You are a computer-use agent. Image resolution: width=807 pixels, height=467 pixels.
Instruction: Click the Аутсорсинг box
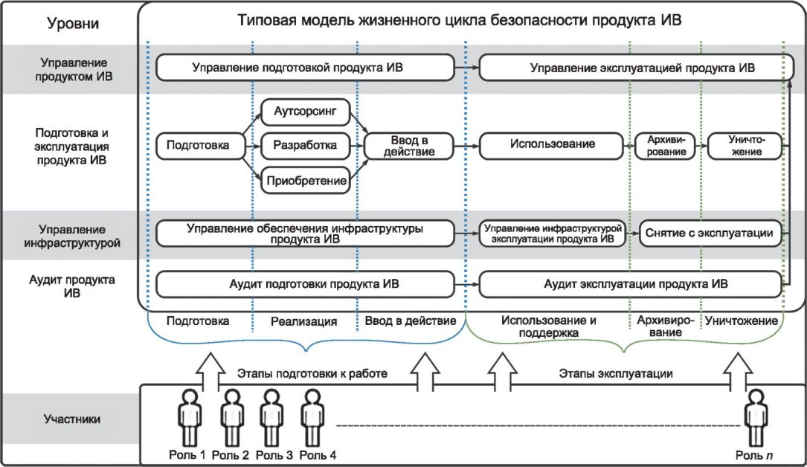[306, 111]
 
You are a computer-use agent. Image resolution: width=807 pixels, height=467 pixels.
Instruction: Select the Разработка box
[306, 146]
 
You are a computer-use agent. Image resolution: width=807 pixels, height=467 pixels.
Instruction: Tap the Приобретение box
[306, 181]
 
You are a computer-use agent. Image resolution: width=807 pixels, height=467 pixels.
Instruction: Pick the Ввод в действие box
[409, 146]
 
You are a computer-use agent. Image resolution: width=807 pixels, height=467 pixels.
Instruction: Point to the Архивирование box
[666, 146]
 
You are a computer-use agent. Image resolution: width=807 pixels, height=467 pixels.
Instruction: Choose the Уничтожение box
[745, 146]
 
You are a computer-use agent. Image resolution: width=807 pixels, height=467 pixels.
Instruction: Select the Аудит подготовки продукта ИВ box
[306, 284]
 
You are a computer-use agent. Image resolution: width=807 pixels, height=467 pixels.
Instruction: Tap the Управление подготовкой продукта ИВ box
[306, 68]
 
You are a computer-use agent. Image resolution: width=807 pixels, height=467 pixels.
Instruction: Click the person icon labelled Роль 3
[271, 418]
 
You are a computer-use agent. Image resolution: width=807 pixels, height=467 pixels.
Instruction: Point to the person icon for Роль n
[756, 418]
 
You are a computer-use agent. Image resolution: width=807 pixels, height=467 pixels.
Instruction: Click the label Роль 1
[187, 455]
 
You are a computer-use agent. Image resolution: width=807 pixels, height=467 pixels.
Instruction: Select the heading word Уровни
[73, 23]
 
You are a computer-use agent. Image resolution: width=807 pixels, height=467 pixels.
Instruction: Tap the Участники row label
[72, 419]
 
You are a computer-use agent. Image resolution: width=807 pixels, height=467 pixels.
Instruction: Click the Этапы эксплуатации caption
[616, 373]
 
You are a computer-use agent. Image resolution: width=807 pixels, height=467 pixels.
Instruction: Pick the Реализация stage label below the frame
[303, 321]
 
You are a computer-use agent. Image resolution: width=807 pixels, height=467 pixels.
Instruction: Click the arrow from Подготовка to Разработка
[253, 146]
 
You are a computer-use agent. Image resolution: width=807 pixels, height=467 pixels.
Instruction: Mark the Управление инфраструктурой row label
[72, 236]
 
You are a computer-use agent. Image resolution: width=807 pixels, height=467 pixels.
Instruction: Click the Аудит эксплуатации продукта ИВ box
[631, 284]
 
